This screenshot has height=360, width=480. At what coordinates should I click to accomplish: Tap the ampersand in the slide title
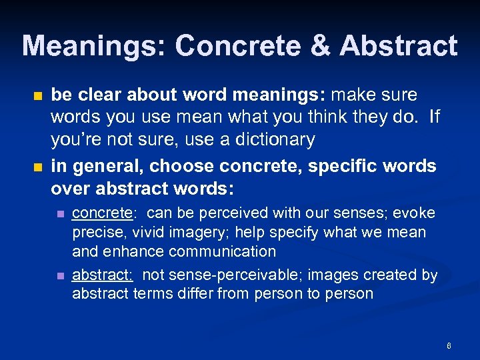[x=321, y=46]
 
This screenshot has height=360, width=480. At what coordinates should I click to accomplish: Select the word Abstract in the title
[x=399, y=46]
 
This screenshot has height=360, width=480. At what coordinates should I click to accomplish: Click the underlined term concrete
[x=104, y=213]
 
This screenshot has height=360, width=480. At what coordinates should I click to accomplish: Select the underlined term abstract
[x=102, y=275]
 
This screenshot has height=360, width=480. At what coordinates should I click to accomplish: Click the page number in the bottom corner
[x=449, y=346]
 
